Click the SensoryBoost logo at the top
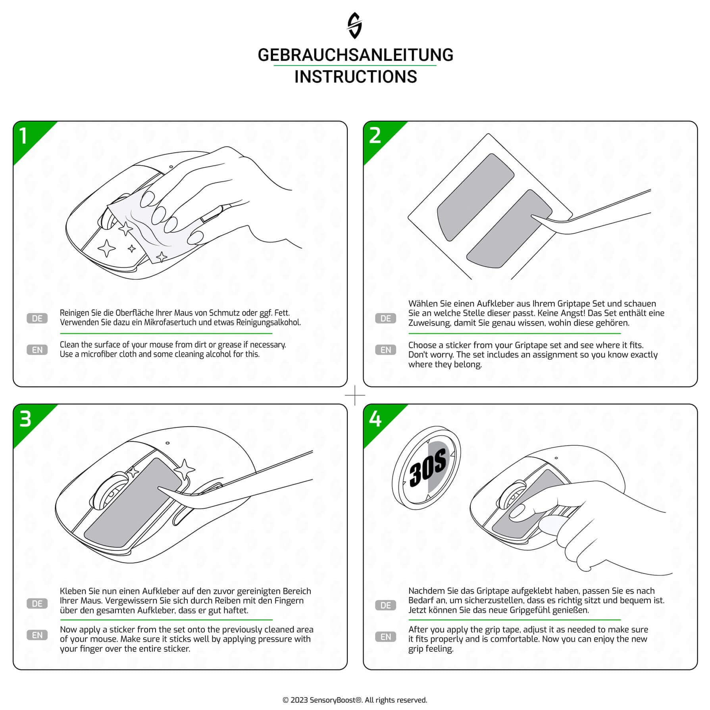pyautogui.click(x=354, y=25)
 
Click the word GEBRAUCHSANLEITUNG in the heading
pyautogui.click(x=355, y=55)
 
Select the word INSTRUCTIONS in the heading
pyautogui.click(x=356, y=77)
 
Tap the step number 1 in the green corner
pyautogui.click(x=23, y=136)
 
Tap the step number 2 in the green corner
pyautogui.click(x=375, y=136)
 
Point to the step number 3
pyautogui.click(x=25, y=419)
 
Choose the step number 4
pyautogui.click(x=375, y=419)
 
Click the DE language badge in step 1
pyautogui.click(x=37, y=318)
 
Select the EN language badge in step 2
pyautogui.click(x=386, y=350)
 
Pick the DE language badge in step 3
pyautogui.click(x=37, y=604)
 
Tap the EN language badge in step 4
pyautogui.click(x=386, y=637)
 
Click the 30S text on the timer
pyautogui.click(x=427, y=468)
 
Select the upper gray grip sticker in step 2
pyautogui.click(x=475, y=197)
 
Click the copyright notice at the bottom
pyautogui.click(x=355, y=700)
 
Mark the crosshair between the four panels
pyautogui.click(x=355, y=395)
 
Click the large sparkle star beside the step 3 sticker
pyautogui.click(x=185, y=469)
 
